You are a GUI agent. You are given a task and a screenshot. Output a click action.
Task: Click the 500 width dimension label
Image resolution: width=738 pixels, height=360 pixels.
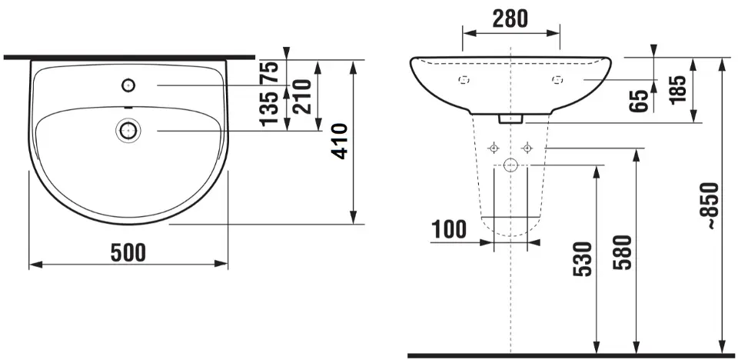(x=128, y=253)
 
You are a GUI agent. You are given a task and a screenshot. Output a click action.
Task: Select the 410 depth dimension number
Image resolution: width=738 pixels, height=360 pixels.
(x=340, y=142)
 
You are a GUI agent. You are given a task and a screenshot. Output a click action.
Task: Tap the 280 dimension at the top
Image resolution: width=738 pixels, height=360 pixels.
(x=510, y=18)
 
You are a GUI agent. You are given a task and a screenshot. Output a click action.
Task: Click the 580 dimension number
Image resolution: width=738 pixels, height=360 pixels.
(x=622, y=252)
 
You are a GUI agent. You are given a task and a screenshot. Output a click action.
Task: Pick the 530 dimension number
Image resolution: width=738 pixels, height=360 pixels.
(x=582, y=258)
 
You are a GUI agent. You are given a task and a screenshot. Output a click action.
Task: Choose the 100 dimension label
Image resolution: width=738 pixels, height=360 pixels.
(x=449, y=229)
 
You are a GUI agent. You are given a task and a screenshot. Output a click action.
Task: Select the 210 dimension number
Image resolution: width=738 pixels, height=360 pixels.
(x=301, y=97)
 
